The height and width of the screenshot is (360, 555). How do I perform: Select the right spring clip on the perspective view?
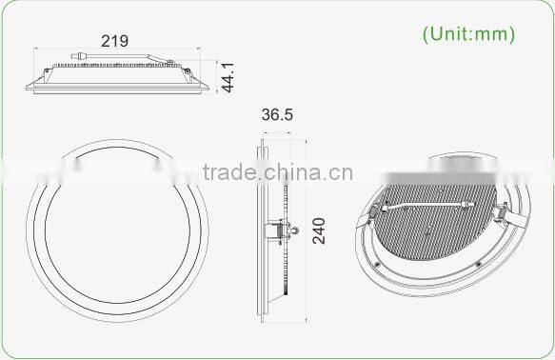[504, 213]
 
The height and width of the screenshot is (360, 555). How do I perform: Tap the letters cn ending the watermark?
[345, 172]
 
